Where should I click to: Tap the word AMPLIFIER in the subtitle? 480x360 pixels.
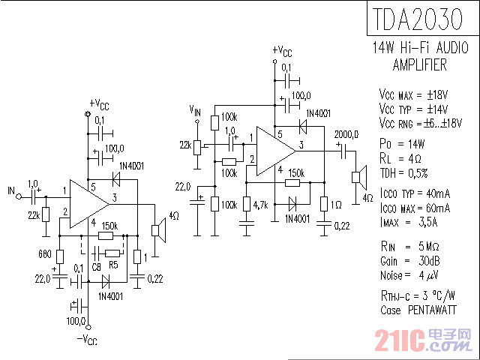coord(419,64)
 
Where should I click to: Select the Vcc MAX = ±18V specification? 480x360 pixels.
coord(413,95)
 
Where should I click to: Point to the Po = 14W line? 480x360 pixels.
coord(402,143)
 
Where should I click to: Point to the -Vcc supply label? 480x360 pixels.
coord(88,340)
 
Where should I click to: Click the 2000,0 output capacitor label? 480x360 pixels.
coord(346,134)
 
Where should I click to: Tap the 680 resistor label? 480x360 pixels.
coord(44,253)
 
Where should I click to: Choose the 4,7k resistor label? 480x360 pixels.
coord(261,205)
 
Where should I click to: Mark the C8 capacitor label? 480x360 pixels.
coord(96,266)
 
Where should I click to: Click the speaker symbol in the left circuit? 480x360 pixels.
coord(157,229)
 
